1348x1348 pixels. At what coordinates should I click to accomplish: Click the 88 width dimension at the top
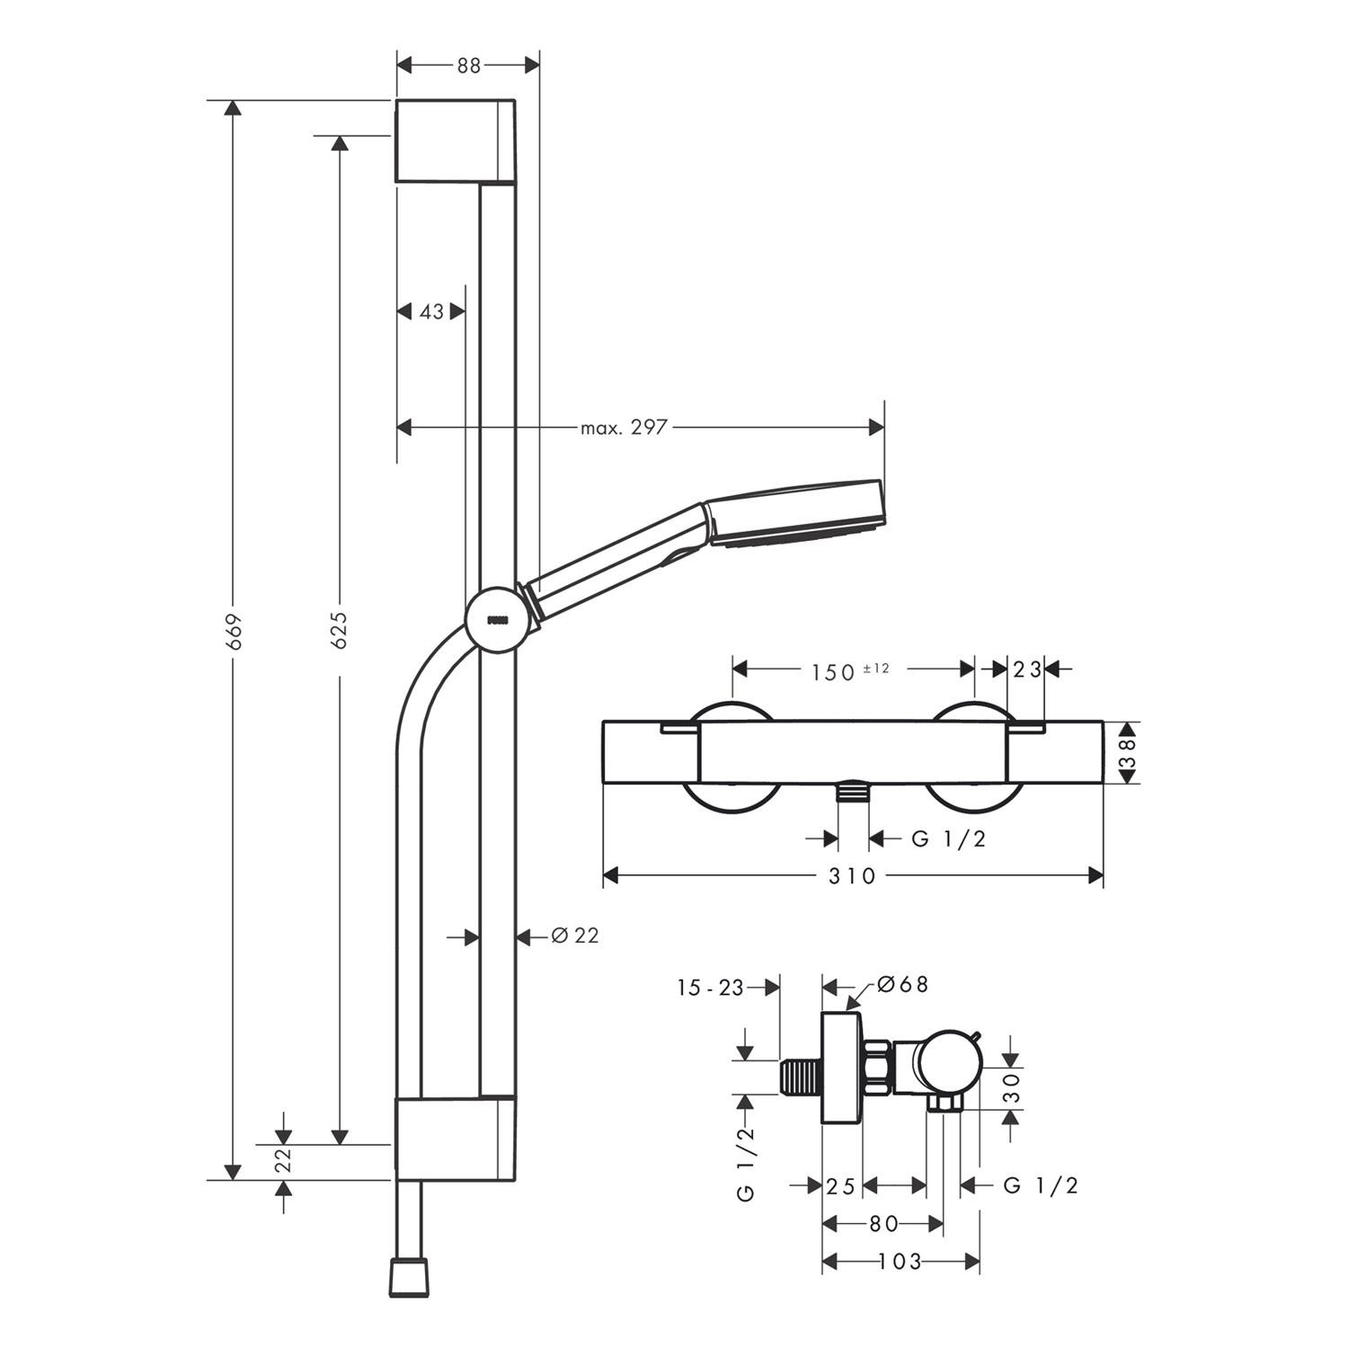[468, 64]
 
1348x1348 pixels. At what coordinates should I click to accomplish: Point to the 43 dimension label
[432, 311]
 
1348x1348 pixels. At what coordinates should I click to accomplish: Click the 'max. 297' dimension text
[624, 427]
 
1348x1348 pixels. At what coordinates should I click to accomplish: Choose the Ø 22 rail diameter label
[574, 936]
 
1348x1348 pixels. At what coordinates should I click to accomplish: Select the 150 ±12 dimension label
[850, 670]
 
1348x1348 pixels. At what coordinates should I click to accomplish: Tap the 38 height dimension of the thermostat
[1127, 753]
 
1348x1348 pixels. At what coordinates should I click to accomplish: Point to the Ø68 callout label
[901, 984]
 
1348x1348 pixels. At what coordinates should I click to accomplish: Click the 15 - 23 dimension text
[710, 988]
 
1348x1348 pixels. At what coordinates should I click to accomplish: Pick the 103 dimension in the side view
[901, 1262]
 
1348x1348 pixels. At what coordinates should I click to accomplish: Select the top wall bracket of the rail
[456, 141]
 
